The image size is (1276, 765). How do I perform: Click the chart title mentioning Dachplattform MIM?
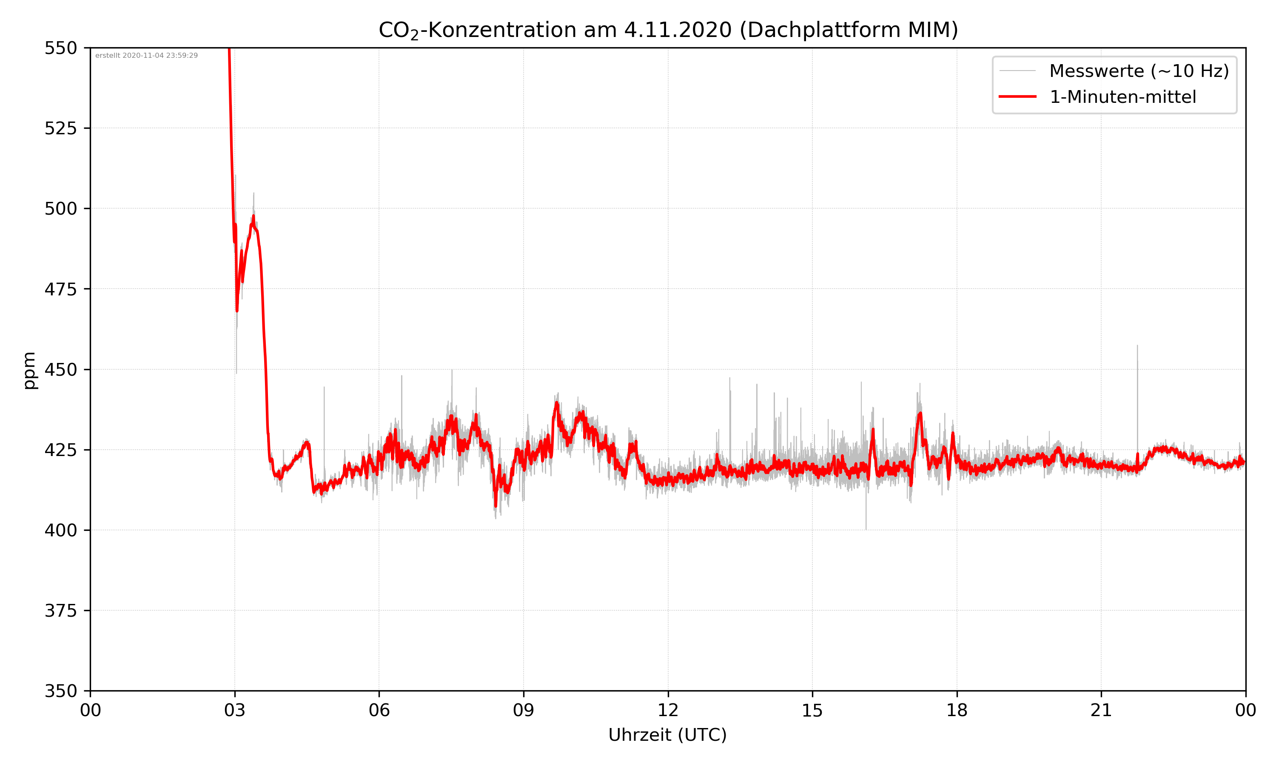tap(668, 30)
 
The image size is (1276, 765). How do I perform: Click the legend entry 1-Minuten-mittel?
tap(1122, 97)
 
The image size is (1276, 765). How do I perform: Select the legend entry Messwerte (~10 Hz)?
tap(1139, 71)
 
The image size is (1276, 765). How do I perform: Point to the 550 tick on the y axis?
tap(60, 48)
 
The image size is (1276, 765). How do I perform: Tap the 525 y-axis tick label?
tap(60, 128)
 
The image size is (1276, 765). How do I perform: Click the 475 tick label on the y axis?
tap(60, 289)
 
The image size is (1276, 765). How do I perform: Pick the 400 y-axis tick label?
tap(60, 530)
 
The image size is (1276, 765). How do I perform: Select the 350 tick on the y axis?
tap(60, 691)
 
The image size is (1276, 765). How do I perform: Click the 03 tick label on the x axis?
tap(235, 710)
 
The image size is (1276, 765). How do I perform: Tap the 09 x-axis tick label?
tap(524, 710)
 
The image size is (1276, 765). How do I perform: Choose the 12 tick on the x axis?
tap(668, 710)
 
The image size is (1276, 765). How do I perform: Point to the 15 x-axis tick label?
tap(812, 710)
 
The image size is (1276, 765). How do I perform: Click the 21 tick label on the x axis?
tap(1101, 710)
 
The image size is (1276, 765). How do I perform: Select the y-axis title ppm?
tap(29, 370)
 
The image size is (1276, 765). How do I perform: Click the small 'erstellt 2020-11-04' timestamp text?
tap(146, 56)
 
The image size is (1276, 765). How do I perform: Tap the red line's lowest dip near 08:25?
tap(496, 506)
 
